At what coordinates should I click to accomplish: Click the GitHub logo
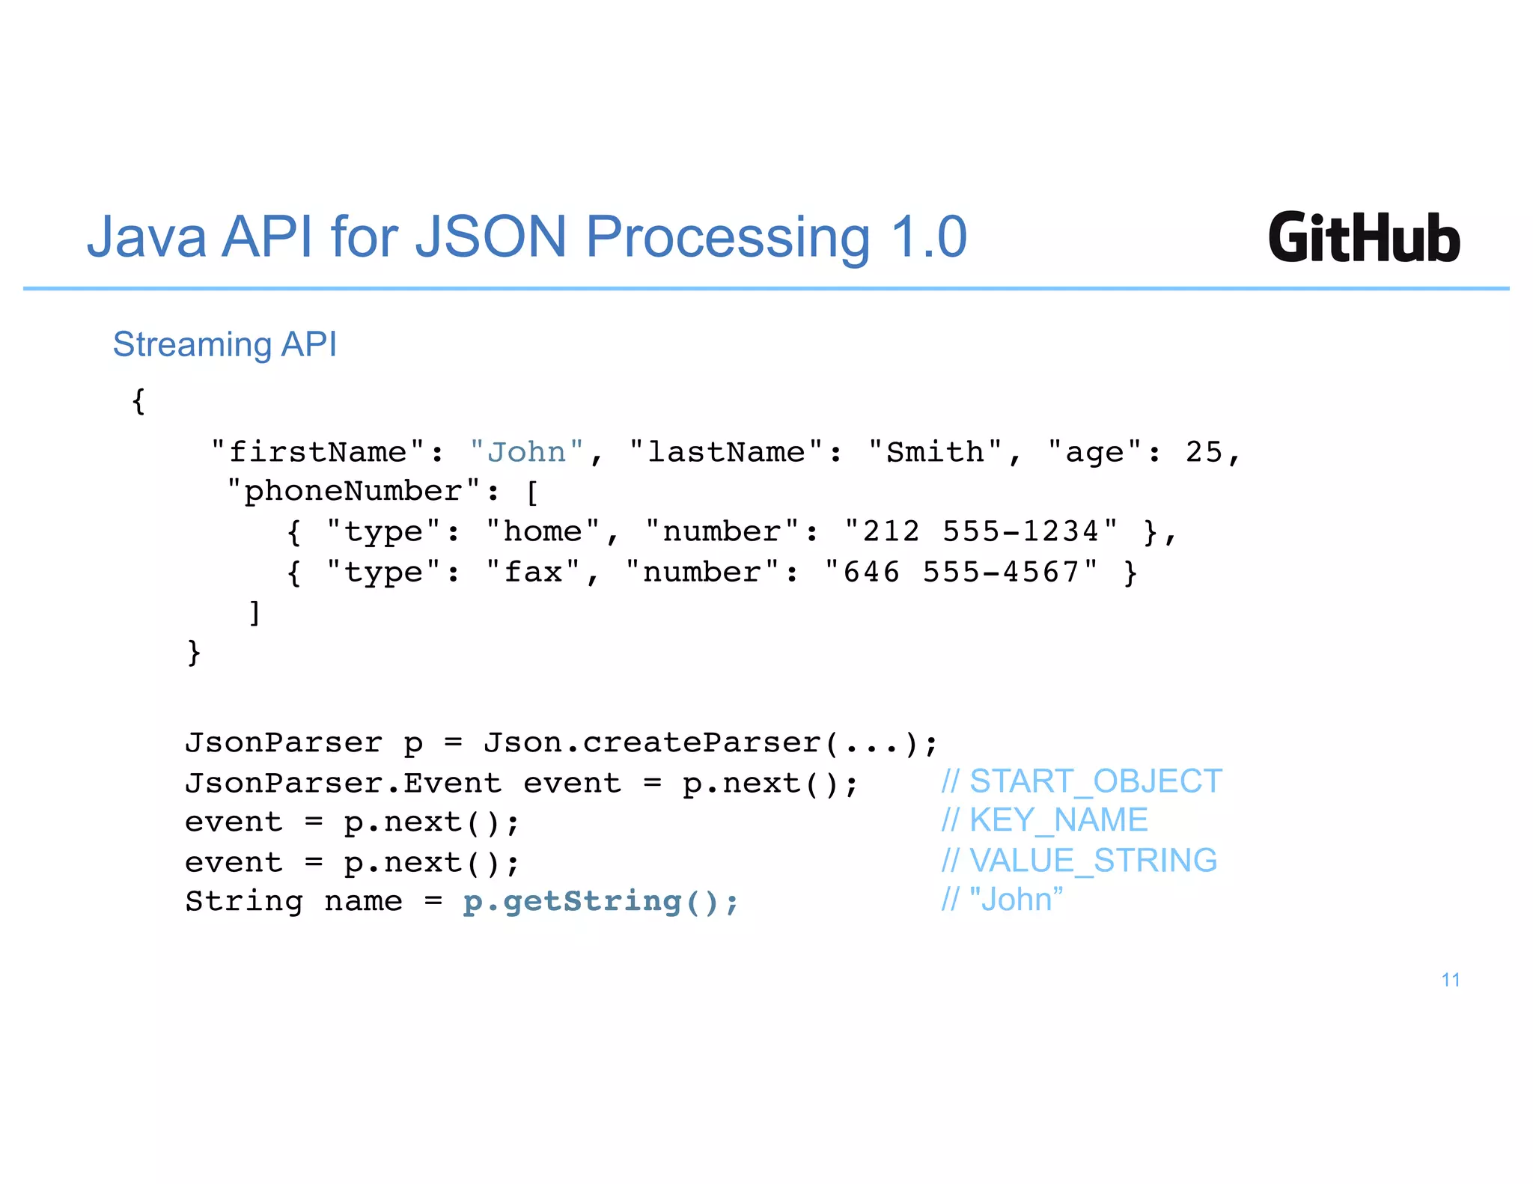pyautogui.click(x=1363, y=237)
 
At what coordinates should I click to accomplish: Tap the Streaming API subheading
pyautogui.click(x=225, y=345)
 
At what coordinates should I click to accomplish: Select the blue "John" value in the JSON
pyautogui.click(x=526, y=452)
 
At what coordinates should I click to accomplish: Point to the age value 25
pyautogui.click(x=1204, y=452)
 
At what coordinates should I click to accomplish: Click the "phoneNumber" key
pyautogui.click(x=353, y=492)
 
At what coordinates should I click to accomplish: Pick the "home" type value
pyautogui.click(x=542, y=531)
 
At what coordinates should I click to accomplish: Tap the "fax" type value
pyautogui.click(x=532, y=572)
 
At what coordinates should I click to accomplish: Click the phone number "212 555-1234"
pyautogui.click(x=981, y=531)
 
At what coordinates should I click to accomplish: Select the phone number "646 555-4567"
pyautogui.click(x=961, y=572)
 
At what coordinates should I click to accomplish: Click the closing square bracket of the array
pyautogui.click(x=255, y=612)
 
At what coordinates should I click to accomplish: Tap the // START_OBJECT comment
pyautogui.click(x=1082, y=781)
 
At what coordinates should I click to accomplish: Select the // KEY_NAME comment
pyautogui.click(x=1044, y=820)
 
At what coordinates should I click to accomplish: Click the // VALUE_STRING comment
pyautogui.click(x=1079, y=861)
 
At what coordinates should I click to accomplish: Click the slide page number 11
pyautogui.click(x=1450, y=980)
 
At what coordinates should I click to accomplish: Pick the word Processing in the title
pyautogui.click(x=728, y=237)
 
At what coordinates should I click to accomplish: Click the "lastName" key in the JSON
pyautogui.click(x=725, y=452)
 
